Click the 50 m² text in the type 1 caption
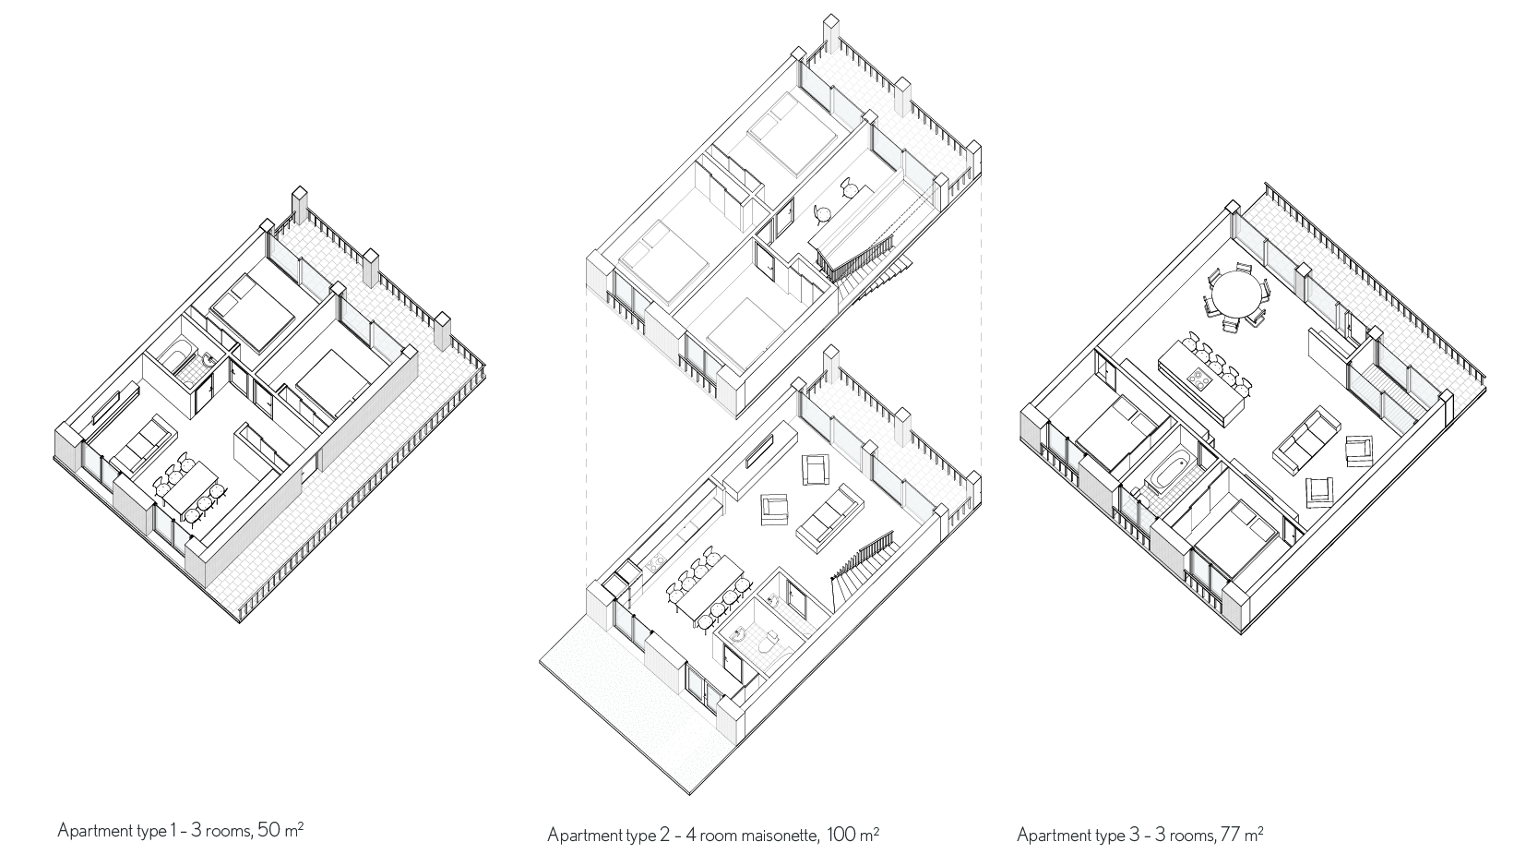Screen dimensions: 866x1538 pos(280,830)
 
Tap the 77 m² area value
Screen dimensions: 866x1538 pos(1240,836)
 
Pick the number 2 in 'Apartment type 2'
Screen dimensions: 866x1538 pos(665,836)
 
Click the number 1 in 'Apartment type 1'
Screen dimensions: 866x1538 pos(173,830)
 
